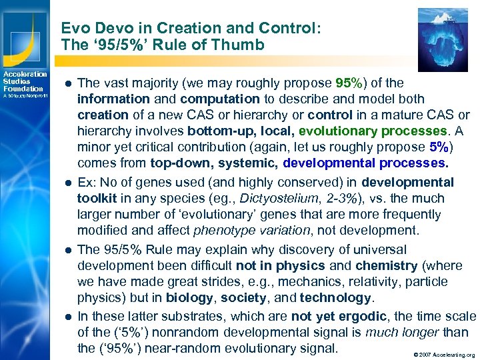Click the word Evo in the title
tap(75, 29)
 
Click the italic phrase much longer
tap(407, 332)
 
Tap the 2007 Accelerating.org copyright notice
tap(444, 355)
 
